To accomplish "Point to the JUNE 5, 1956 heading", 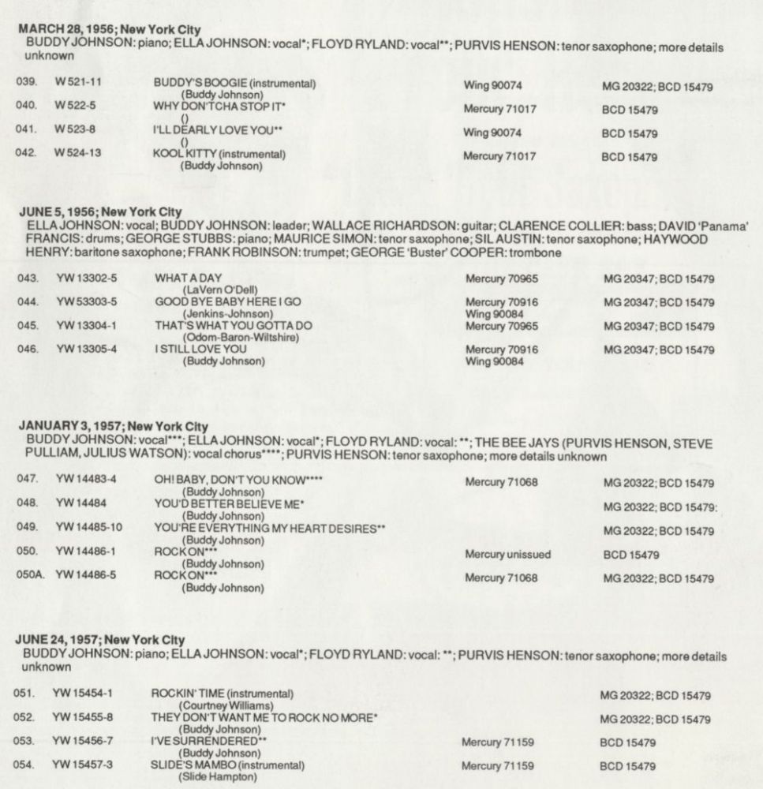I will pyautogui.click(x=98, y=211).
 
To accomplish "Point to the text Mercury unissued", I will pyautogui.click(x=508, y=554).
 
